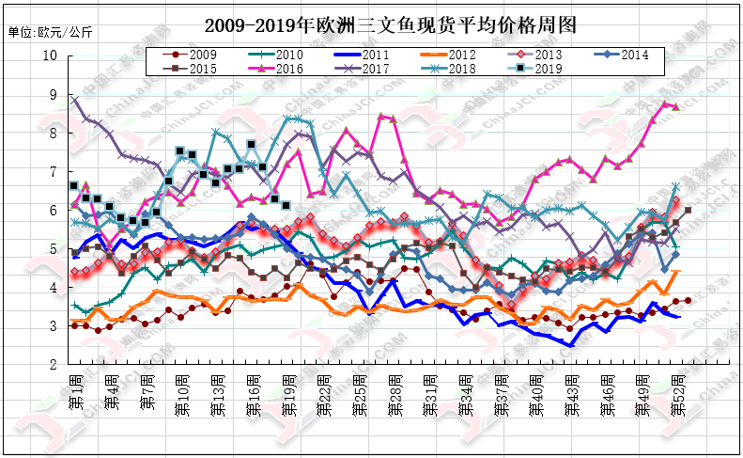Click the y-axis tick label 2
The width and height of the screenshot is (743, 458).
tap(54, 364)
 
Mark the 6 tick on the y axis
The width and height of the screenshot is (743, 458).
tap(54, 210)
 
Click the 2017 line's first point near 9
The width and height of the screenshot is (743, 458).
tap(75, 97)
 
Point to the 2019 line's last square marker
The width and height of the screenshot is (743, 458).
tap(286, 205)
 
